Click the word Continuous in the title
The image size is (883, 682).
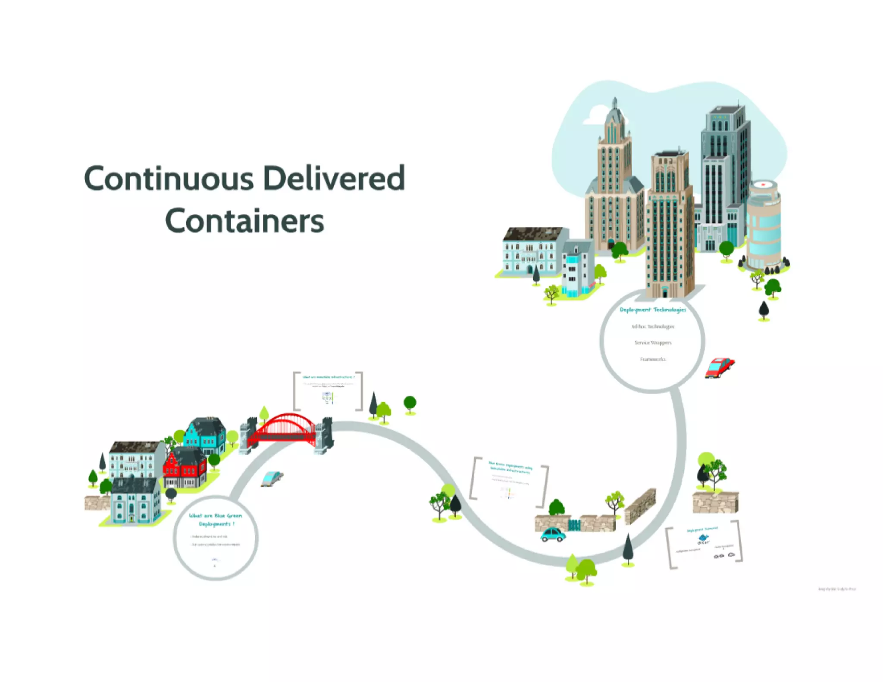pyautogui.click(x=169, y=178)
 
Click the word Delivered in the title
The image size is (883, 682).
pyautogui.click(x=334, y=178)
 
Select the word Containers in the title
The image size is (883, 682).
pyautogui.click(x=244, y=221)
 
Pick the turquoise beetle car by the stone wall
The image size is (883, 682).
pyautogui.click(x=553, y=535)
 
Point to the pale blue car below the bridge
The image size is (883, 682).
pyautogui.click(x=272, y=478)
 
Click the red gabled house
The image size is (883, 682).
pyautogui.click(x=185, y=468)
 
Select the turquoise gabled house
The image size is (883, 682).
pyautogui.click(x=205, y=436)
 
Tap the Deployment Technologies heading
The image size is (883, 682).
pyautogui.click(x=653, y=310)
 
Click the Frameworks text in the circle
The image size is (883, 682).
pyautogui.click(x=653, y=359)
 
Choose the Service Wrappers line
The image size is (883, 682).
pyautogui.click(x=653, y=343)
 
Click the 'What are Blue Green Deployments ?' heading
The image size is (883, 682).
pyautogui.click(x=216, y=519)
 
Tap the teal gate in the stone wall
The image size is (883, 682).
pyautogui.click(x=574, y=525)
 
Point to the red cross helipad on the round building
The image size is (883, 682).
pyautogui.click(x=764, y=185)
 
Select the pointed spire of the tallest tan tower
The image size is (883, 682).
pyautogui.click(x=615, y=103)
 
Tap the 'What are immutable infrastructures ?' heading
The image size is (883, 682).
pyautogui.click(x=329, y=377)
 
